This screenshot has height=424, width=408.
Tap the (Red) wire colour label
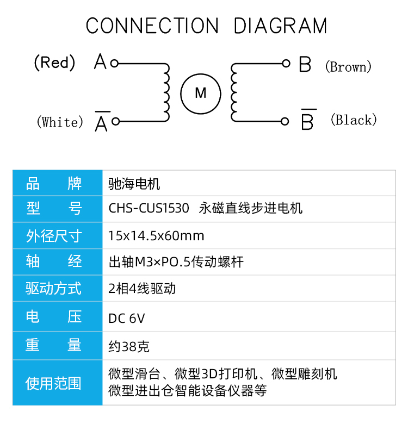[54, 63]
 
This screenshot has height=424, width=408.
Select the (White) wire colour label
[60, 122]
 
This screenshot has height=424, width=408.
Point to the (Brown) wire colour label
[348, 66]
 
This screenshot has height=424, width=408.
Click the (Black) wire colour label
[354, 120]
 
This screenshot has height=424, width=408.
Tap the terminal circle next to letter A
[114, 63]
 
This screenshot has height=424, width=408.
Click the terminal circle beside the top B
[286, 63]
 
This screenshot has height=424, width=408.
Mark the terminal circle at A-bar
[115, 121]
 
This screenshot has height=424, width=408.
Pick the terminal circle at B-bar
[285, 121]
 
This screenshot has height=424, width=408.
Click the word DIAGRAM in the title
[280, 26]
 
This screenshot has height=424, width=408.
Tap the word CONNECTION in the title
[152, 26]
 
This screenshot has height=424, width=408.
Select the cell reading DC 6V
[127, 318]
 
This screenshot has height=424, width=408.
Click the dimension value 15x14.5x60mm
[156, 235]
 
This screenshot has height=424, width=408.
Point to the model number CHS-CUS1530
[149, 208]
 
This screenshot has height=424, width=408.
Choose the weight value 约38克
[129, 346]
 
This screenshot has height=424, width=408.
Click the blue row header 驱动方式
[53, 288]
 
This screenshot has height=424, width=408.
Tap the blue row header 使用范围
[53, 383]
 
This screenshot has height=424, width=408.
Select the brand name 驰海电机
[134, 184]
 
